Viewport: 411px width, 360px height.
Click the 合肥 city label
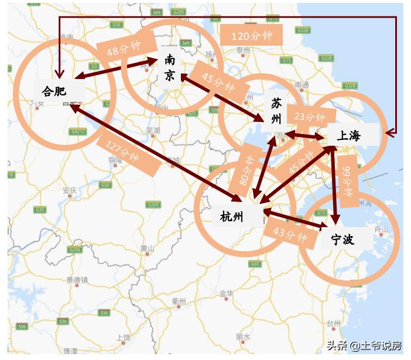(x=54, y=91)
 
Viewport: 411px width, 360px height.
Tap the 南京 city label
(x=169, y=67)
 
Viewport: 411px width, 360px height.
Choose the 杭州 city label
(x=232, y=217)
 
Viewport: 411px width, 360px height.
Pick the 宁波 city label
(x=343, y=239)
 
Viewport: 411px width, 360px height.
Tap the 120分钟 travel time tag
(x=252, y=36)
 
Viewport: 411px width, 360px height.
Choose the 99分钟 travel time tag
(x=348, y=179)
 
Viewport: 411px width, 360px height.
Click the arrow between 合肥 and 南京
(x=117, y=67)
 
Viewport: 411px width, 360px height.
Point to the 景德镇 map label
(x=76, y=280)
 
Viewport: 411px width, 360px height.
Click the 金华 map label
(x=227, y=293)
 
